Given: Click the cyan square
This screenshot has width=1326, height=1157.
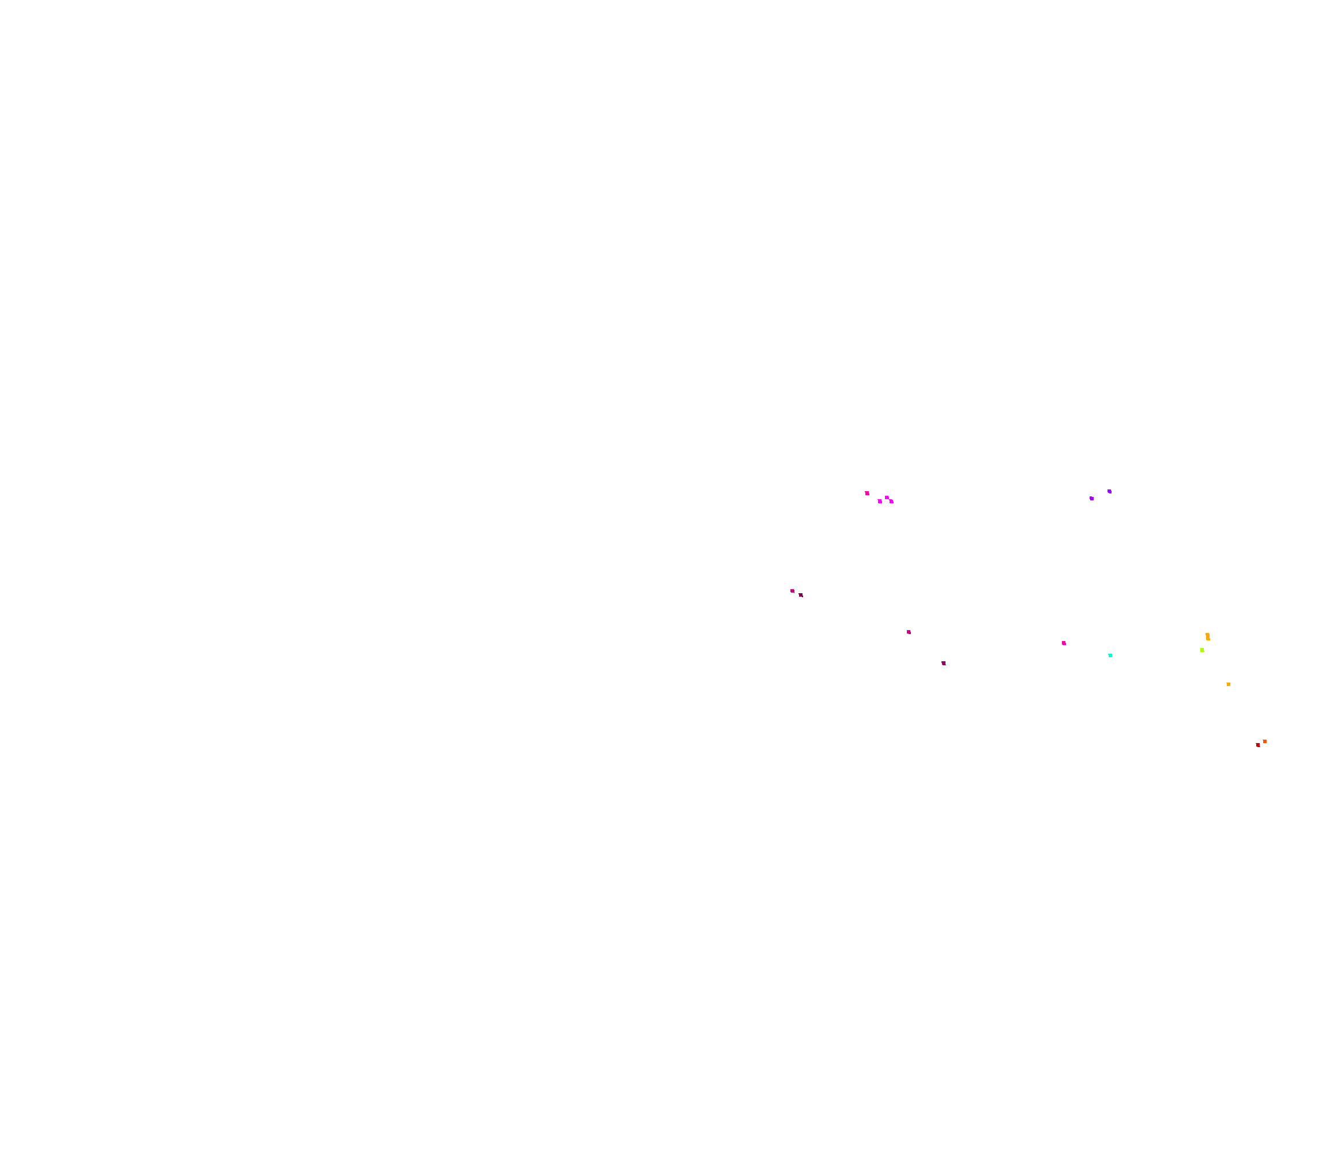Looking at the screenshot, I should (x=1110, y=655).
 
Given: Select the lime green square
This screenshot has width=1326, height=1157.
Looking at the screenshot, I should (x=1202, y=650).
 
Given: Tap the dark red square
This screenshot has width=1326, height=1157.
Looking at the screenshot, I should (x=1257, y=745).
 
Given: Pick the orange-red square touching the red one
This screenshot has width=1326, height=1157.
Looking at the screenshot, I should (x=1265, y=741).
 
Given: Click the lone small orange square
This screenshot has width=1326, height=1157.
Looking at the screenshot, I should (x=1229, y=684).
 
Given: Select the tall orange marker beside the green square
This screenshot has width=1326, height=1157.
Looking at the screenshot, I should (x=1208, y=636).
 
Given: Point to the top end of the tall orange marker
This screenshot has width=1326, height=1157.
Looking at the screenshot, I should (x=1207, y=634).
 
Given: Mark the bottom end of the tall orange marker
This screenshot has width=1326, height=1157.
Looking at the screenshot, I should (x=1208, y=639).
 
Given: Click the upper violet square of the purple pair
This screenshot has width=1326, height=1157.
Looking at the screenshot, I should (x=1110, y=491).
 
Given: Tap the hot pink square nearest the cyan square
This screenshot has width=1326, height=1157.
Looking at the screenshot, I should (x=1064, y=643).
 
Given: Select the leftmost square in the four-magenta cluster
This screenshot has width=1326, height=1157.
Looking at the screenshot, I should (x=867, y=493).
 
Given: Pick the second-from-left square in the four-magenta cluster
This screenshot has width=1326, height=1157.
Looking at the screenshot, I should (x=880, y=501).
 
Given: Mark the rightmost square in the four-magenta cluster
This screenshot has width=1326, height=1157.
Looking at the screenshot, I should (x=891, y=501).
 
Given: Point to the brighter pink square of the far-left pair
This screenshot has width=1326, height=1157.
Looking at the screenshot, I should (x=793, y=591).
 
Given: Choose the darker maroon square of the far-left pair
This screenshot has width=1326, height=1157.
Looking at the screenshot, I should (x=801, y=594).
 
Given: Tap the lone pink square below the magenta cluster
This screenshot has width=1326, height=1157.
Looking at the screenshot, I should (x=909, y=632).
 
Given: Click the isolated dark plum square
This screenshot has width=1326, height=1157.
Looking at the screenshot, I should (x=944, y=663).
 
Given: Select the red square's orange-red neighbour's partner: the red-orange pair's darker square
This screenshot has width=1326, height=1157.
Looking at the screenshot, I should (x=1257, y=745).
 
